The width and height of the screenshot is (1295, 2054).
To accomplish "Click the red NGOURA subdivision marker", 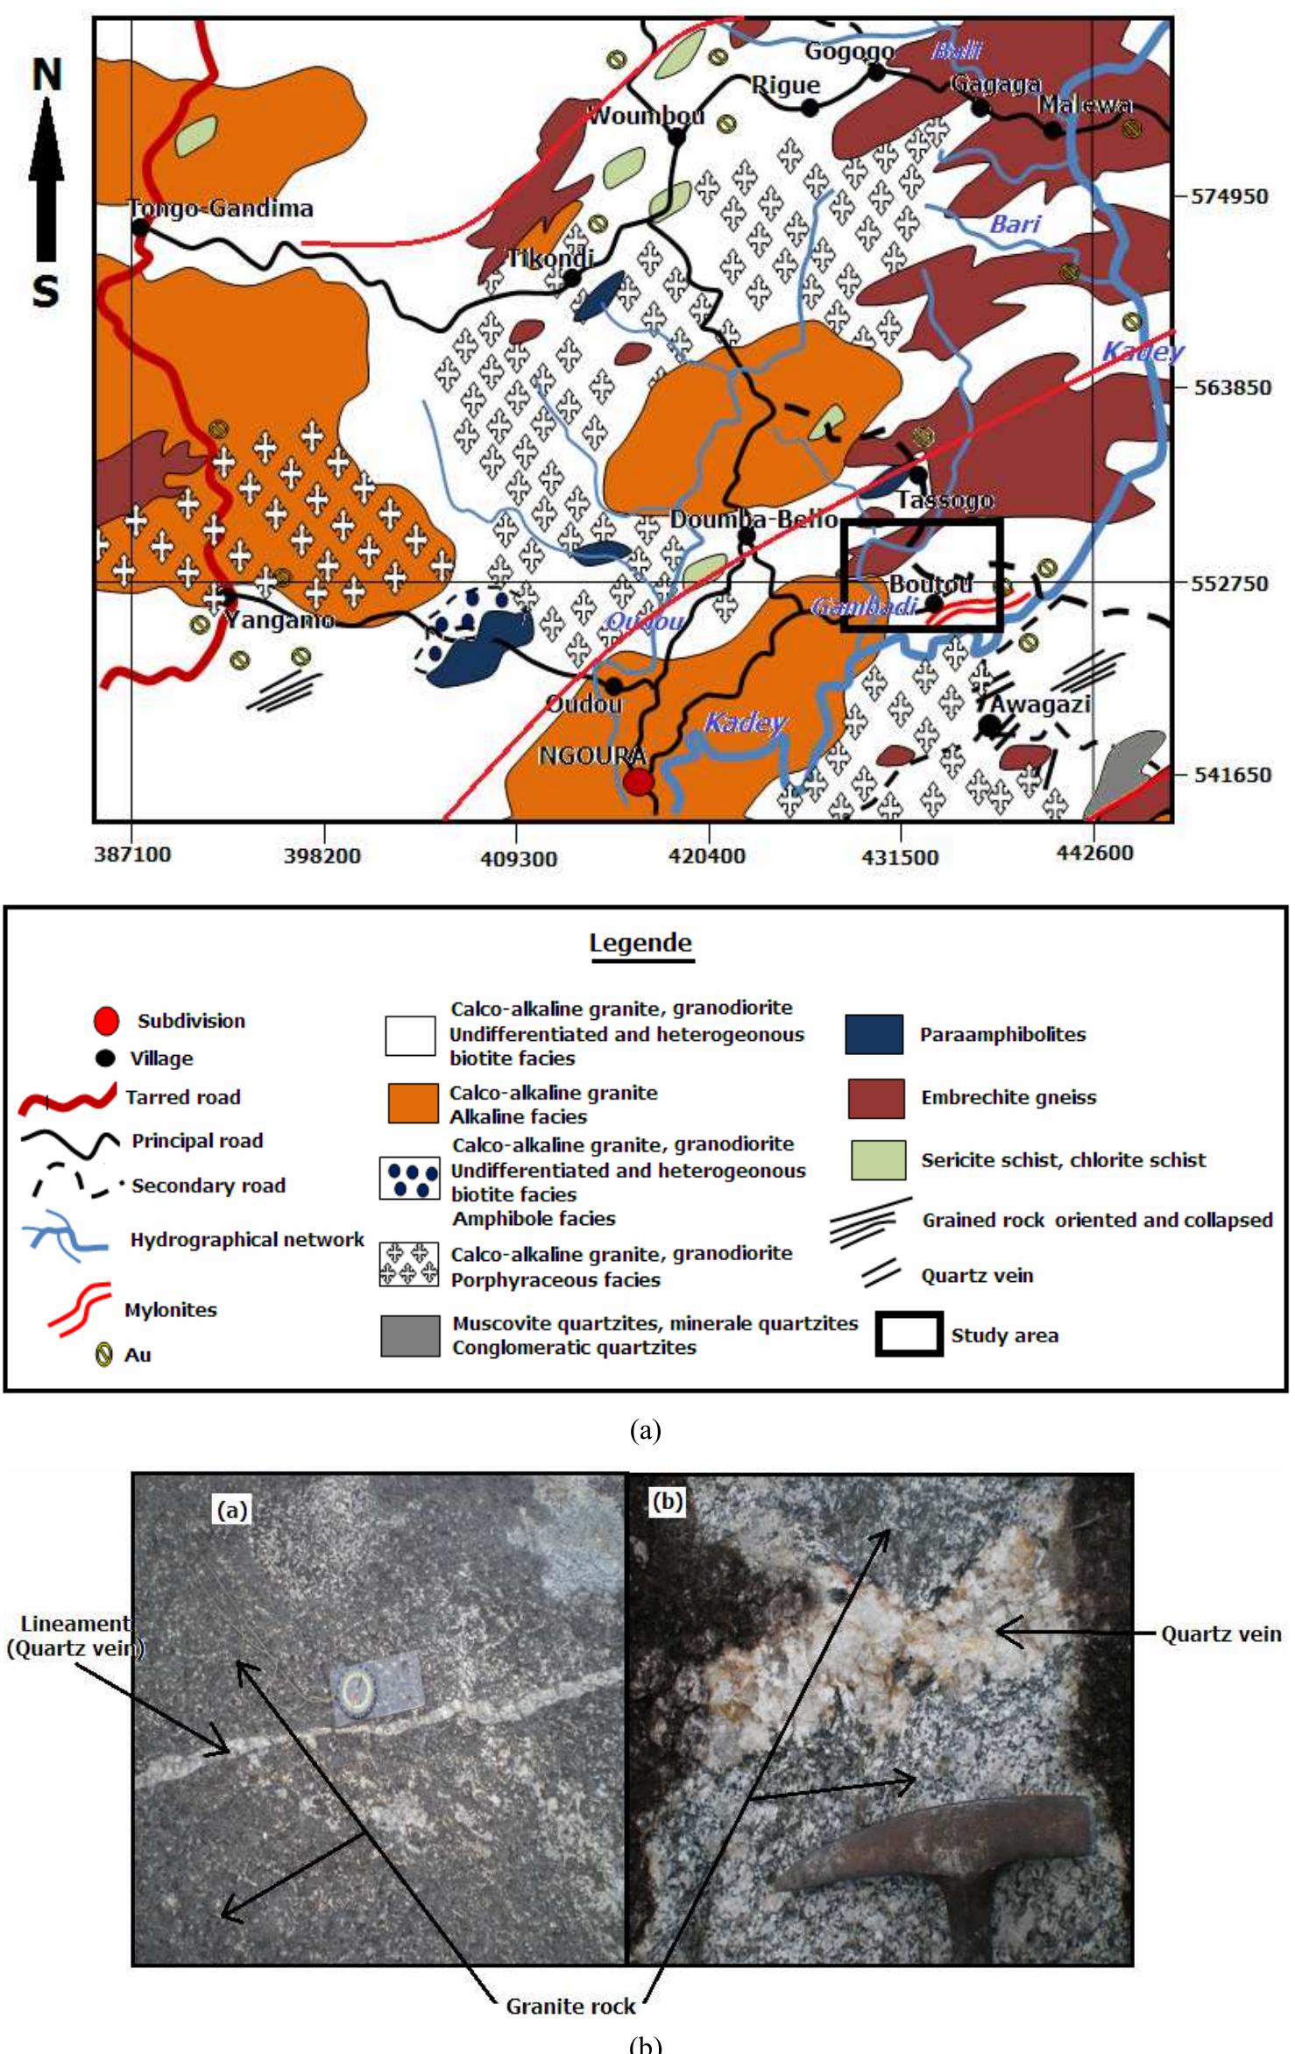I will [639, 781].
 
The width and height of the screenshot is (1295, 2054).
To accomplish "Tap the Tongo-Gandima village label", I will [221, 209].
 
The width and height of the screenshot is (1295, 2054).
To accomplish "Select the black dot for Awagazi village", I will [989, 726].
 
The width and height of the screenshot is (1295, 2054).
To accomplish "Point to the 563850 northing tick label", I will [1232, 387].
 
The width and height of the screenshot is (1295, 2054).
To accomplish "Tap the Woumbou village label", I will [647, 116].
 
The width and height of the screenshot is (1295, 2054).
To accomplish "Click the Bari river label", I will [1015, 224].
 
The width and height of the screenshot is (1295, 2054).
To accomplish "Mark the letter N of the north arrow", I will [47, 74].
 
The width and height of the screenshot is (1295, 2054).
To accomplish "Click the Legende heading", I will [640, 943].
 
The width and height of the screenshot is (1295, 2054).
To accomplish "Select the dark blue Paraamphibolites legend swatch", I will [874, 1034].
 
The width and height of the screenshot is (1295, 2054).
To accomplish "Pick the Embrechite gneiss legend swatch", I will [875, 1098].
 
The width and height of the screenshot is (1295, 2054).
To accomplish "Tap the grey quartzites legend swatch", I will [410, 1335].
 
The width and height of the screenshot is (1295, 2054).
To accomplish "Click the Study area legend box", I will [909, 1334].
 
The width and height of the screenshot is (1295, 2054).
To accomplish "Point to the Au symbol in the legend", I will [104, 1355].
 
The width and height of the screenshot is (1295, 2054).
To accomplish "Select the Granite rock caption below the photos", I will [570, 2006].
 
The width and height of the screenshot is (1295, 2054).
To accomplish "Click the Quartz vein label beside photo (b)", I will [1221, 1633].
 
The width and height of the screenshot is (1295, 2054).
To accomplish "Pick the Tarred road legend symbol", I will [67, 1098].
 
